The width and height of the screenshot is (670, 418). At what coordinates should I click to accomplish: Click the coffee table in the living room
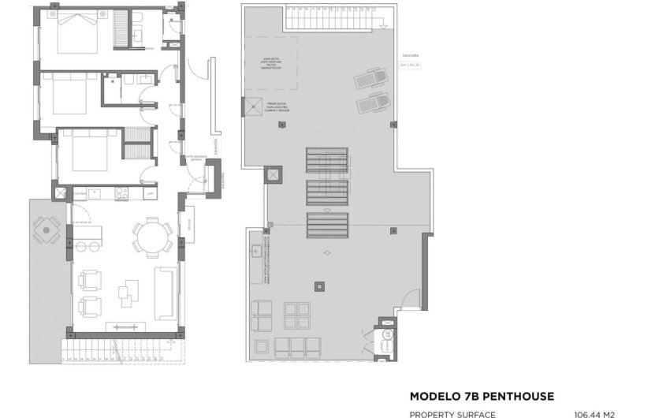pos(128,293)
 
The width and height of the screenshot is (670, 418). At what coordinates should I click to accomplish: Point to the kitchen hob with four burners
pos(122,192)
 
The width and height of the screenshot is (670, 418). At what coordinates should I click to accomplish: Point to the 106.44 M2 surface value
pos(594,413)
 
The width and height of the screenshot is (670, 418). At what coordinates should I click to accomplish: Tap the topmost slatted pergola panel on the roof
pos(326,161)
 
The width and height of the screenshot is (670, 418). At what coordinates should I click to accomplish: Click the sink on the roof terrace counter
pos(257,252)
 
